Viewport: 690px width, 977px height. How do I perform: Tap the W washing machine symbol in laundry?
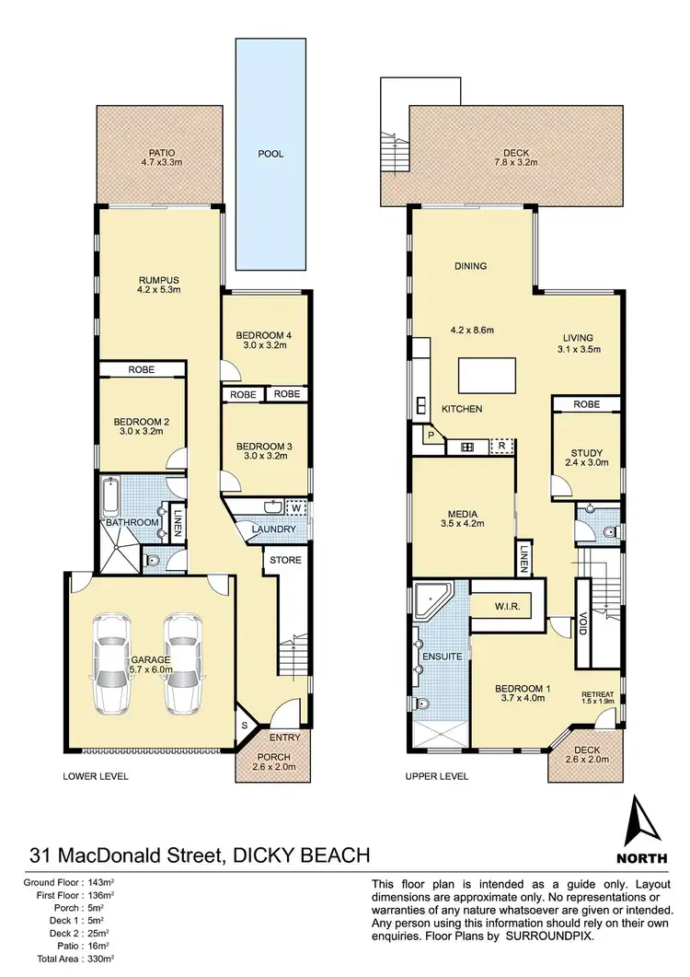coord(295,507)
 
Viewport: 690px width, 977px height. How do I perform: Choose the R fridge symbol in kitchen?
coord(501,447)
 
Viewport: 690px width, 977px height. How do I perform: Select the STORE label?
coord(285,560)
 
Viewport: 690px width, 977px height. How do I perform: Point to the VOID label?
coord(583,625)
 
